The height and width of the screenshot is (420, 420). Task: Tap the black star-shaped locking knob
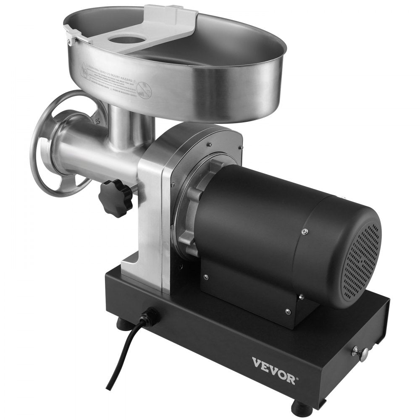pyautogui.click(x=116, y=197)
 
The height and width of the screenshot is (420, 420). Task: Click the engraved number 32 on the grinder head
pyautogui.click(x=97, y=121)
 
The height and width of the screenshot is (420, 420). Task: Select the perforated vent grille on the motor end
pyautogui.click(x=360, y=260)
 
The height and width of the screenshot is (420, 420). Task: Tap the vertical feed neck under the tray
pyautogui.click(x=126, y=126)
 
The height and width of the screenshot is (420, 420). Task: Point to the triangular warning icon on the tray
pyautogui.click(x=85, y=67)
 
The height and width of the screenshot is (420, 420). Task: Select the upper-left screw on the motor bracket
pyautogui.click(x=205, y=277)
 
